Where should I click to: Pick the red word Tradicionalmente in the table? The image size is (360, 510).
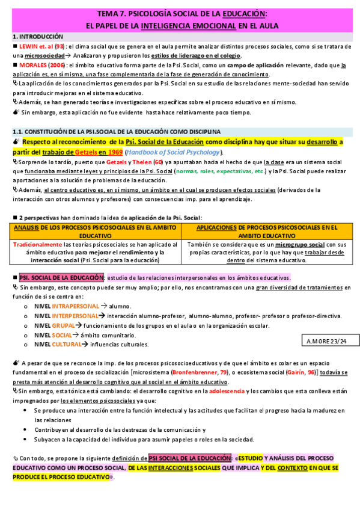tap(38, 245)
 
